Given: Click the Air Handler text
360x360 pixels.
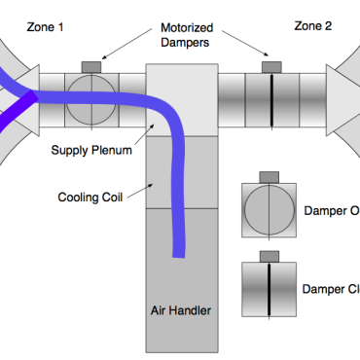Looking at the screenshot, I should tap(181, 311).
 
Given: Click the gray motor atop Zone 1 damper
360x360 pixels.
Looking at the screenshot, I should tap(90, 66).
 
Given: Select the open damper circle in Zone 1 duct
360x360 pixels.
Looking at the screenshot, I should tap(90, 98).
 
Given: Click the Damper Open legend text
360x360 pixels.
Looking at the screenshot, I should tap(331, 211).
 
